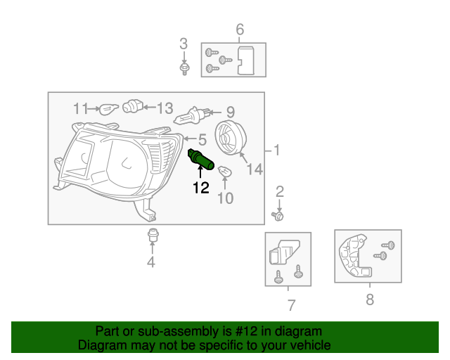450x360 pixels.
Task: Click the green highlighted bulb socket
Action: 201,160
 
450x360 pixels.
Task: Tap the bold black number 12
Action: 201,188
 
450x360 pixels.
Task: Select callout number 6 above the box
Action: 240,30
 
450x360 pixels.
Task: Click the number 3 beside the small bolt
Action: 184,44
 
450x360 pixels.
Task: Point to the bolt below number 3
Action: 185,68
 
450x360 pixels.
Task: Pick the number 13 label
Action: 165,108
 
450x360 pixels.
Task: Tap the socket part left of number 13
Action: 132,107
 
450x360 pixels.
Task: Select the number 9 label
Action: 230,112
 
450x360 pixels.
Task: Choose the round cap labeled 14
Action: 229,136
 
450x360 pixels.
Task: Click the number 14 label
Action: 255,169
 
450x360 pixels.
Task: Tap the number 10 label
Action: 224,198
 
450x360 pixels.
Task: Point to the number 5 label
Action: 201,139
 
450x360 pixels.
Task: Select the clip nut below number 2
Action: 278,215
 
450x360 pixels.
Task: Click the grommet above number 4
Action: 151,236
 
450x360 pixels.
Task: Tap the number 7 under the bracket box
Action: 291,304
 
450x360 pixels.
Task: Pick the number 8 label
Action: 370,300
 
